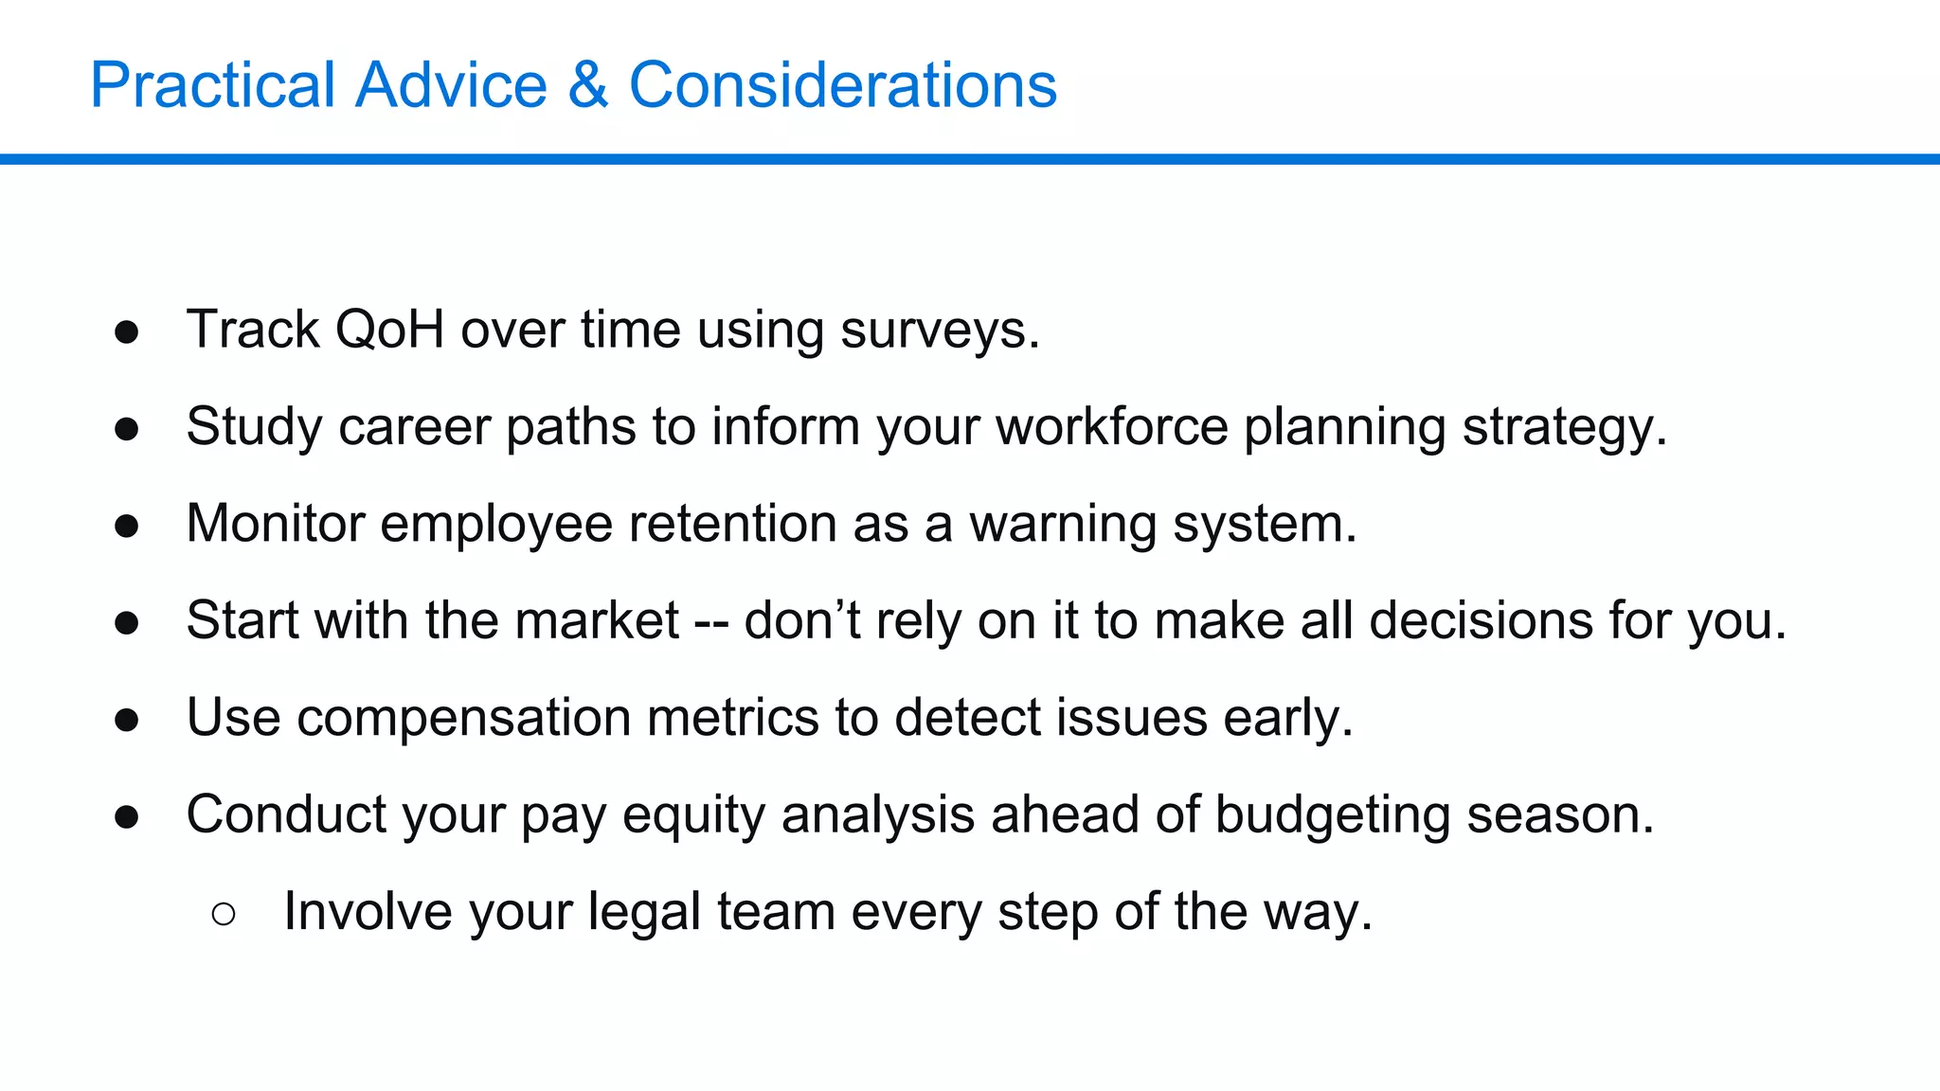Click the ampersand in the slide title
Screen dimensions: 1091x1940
587,85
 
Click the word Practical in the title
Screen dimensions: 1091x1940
213,85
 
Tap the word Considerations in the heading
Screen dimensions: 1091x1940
842,85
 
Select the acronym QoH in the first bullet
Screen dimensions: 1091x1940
389,330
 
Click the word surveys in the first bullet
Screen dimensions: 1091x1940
939,331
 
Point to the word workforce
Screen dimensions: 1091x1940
1111,426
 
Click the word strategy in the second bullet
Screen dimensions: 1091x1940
1563,428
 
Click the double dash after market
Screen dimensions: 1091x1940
711,622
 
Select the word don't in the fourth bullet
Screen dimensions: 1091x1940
802,620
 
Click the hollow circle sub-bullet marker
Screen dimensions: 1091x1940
224,913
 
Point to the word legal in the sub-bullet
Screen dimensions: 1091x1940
644,912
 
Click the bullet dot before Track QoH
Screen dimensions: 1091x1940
127,331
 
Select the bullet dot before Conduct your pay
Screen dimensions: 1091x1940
127,816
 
